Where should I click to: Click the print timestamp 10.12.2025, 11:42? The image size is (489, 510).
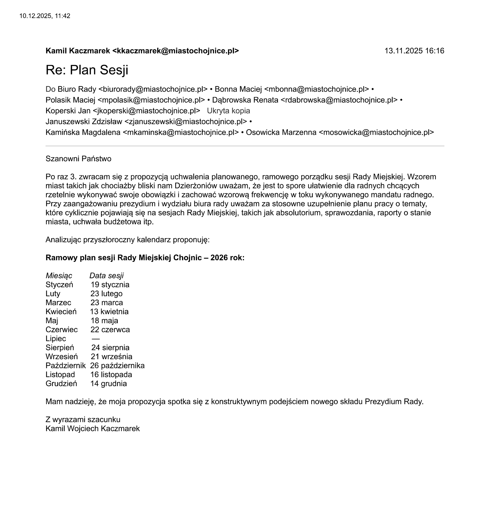45,16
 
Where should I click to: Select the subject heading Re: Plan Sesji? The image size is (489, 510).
87,70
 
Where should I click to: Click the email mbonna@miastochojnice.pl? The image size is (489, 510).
316,89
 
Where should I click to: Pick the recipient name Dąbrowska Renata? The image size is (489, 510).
245,100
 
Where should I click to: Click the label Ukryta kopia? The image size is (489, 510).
228,111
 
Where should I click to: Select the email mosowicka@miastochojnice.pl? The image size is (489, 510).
376,132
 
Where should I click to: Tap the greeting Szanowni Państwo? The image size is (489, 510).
78,159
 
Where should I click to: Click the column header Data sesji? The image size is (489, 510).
106,276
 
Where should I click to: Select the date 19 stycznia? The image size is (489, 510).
110,285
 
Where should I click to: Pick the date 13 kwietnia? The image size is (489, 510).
109,312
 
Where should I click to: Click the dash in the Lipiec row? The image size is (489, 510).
95,339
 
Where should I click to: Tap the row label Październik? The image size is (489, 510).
66,365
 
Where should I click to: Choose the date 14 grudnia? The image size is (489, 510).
109,383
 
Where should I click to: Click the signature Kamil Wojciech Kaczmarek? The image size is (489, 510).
92,429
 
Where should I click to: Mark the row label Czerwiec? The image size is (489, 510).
61,330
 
